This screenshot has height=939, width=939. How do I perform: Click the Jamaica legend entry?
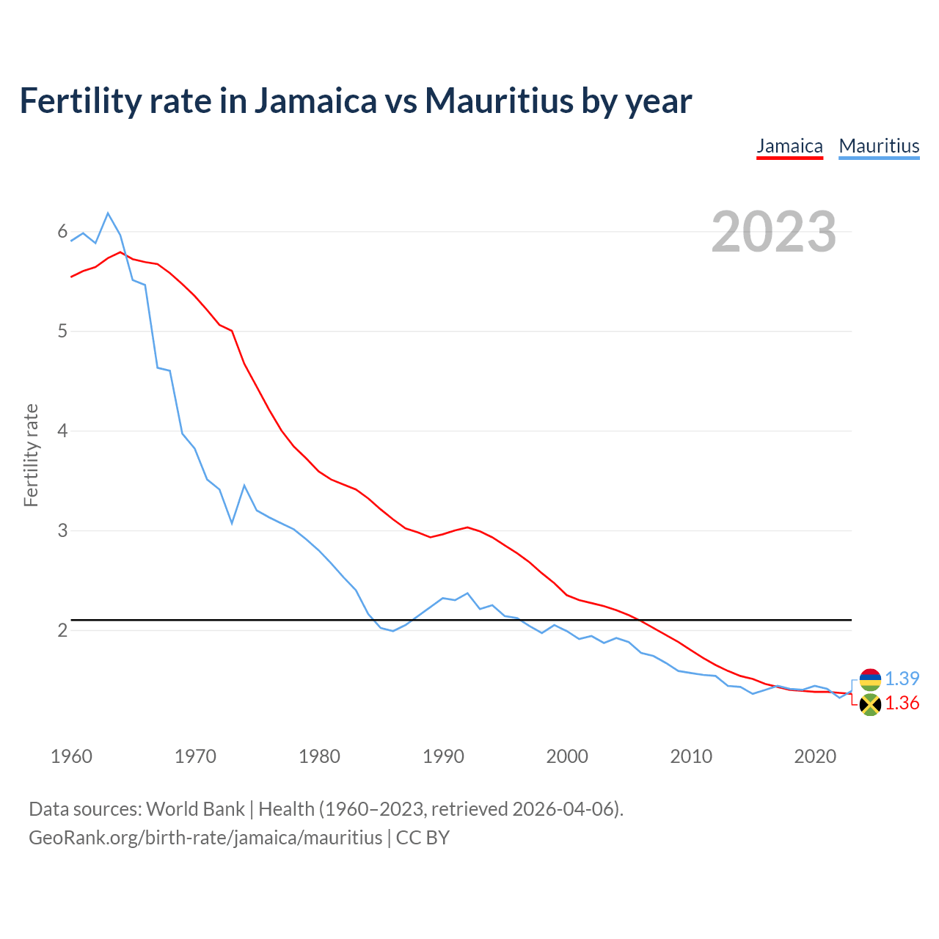(x=789, y=146)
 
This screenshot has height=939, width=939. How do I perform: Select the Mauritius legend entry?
(x=879, y=146)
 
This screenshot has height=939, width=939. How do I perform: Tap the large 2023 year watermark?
(x=774, y=232)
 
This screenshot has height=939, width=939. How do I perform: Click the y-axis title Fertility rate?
(x=31, y=455)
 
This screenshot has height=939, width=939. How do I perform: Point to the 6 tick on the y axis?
(x=62, y=232)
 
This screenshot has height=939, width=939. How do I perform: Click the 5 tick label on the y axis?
(x=62, y=332)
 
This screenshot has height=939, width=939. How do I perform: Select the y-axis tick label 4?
(x=62, y=431)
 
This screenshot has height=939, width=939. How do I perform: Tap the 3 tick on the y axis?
(x=62, y=530)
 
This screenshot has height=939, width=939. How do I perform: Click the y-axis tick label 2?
(x=62, y=630)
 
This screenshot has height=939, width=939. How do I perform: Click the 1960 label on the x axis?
(x=71, y=756)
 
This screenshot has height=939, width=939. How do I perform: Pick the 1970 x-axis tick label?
(x=195, y=756)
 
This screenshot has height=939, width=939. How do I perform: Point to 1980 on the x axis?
(x=319, y=756)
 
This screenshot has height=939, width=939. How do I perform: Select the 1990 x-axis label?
(x=443, y=756)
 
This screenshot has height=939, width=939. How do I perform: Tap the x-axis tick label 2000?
(x=567, y=756)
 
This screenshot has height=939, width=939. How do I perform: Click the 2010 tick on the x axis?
(x=691, y=756)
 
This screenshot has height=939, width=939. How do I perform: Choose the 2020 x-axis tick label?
(x=815, y=756)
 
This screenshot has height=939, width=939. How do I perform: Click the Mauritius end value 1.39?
(x=902, y=679)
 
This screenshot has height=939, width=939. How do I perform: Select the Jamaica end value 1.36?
(x=902, y=704)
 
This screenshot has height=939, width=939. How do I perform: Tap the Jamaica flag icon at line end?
(x=870, y=705)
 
